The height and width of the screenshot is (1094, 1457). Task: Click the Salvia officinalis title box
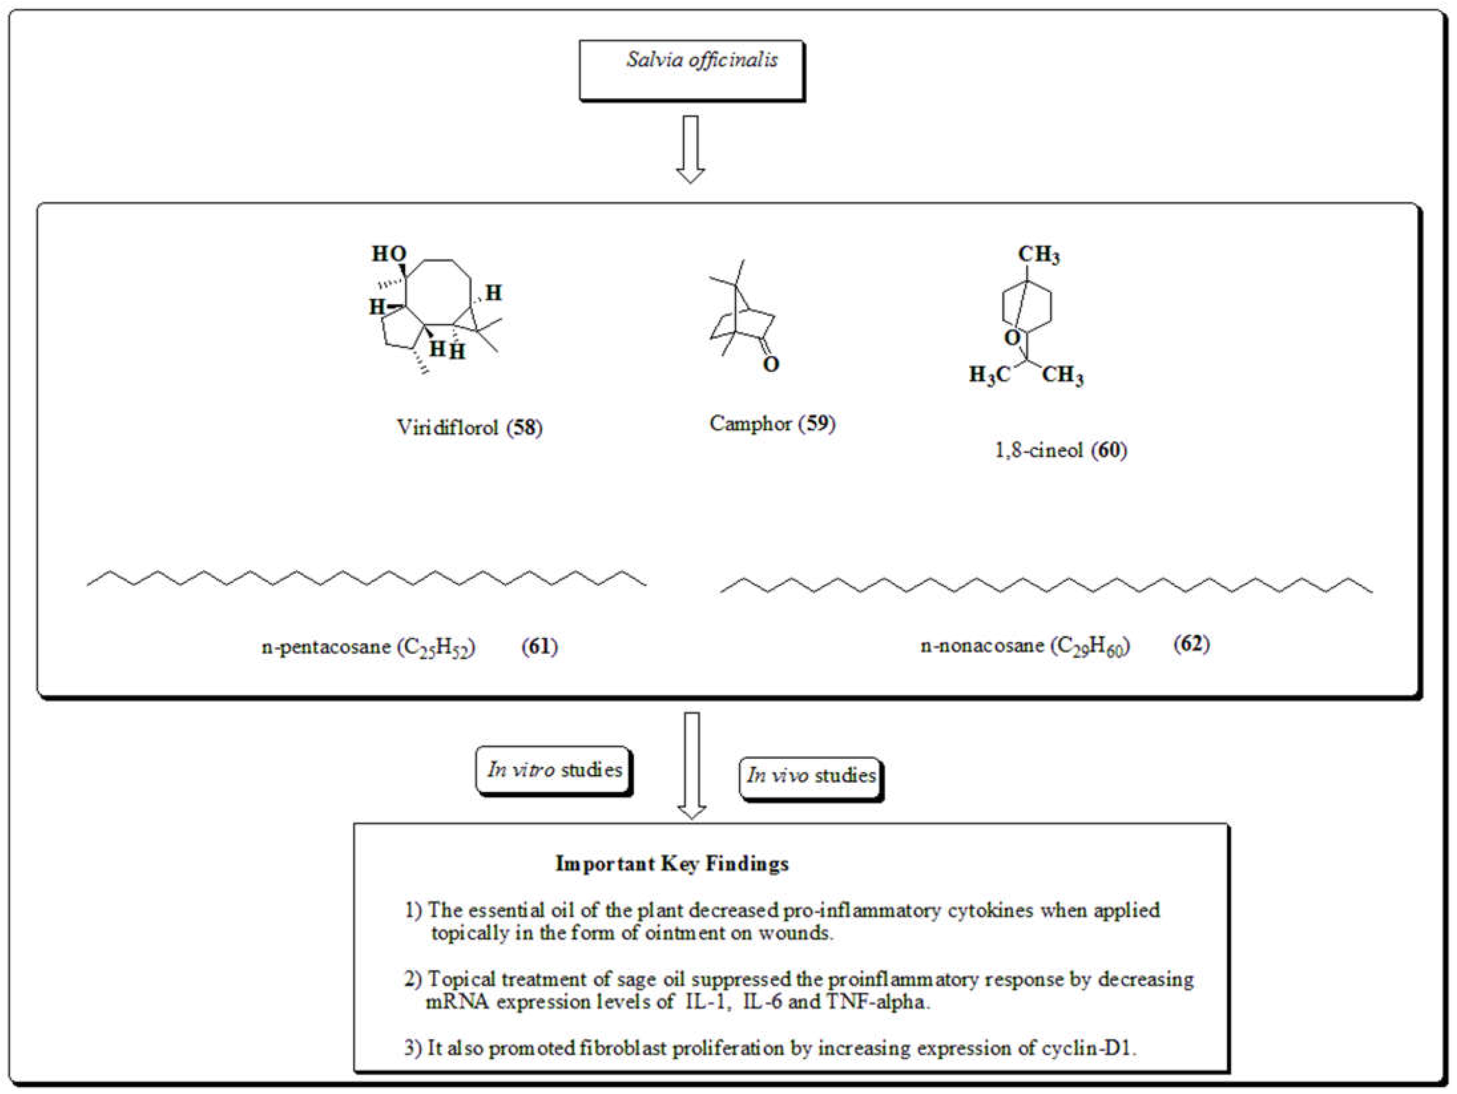(692, 70)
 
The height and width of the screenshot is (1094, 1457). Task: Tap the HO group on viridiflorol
(389, 254)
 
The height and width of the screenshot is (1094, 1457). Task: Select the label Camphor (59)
(772, 424)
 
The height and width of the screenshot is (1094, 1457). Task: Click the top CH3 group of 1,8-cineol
(1039, 254)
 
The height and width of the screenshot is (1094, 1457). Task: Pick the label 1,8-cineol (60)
(1060, 451)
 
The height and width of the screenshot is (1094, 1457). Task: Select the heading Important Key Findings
(672, 864)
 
